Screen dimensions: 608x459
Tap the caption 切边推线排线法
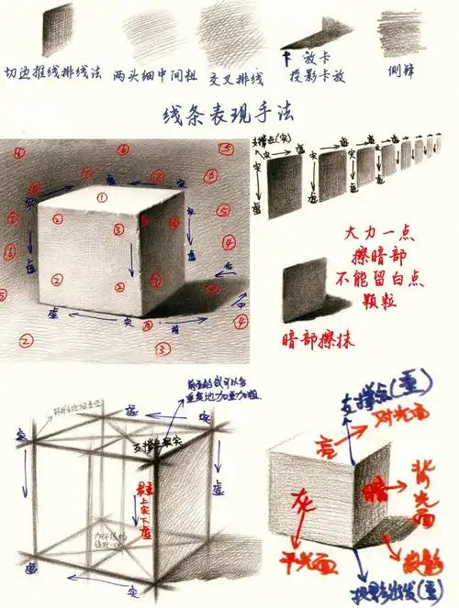click(53, 72)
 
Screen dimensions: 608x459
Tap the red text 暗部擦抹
click(317, 340)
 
